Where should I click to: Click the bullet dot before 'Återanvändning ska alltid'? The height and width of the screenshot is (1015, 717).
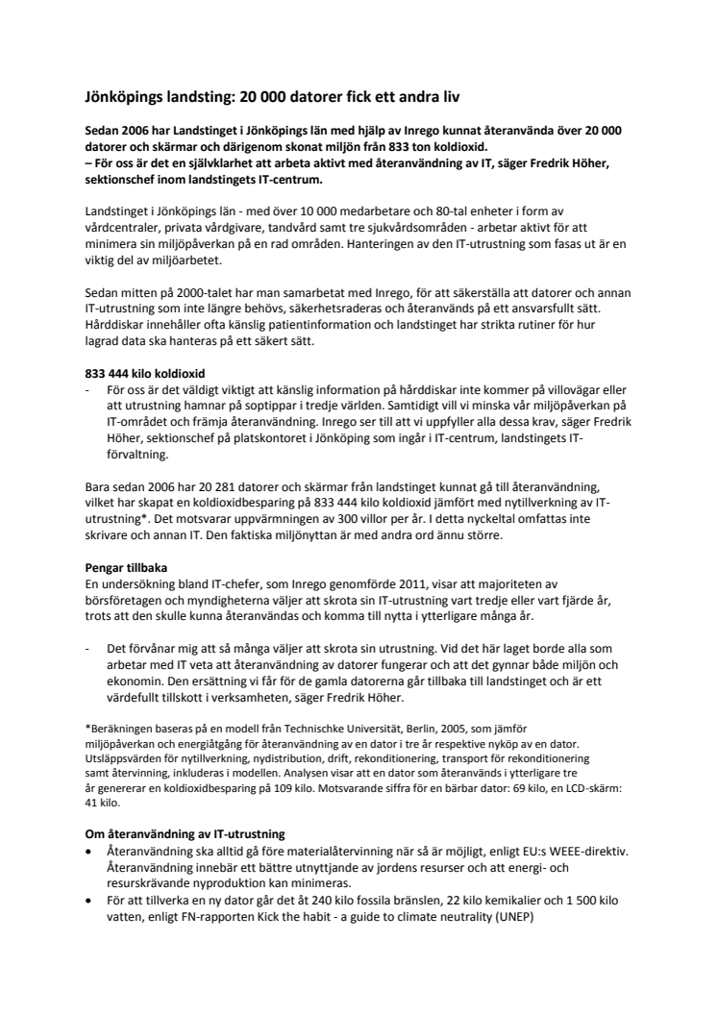pos(89,851)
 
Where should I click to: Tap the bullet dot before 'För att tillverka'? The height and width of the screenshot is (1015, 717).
pos(89,903)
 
